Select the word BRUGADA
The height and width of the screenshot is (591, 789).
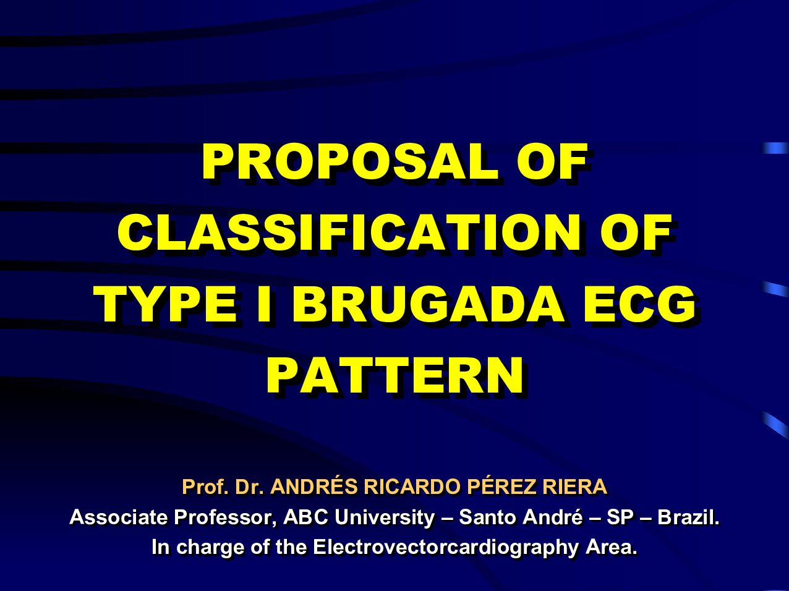pyautogui.click(x=428, y=304)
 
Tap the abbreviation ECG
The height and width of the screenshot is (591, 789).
pyautogui.click(x=639, y=304)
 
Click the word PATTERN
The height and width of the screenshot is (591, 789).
pyautogui.click(x=394, y=375)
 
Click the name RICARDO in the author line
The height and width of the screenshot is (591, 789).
pyautogui.click(x=412, y=487)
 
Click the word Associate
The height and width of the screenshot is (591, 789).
pyautogui.click(x=119, y=517)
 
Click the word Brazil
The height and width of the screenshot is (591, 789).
pyautogui.click(x=688, y=517)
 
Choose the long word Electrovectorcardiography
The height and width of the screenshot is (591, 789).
pyautogui.click(x=446, y=548)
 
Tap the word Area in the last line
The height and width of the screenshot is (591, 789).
pyautogui.click(x=612, y=547)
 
